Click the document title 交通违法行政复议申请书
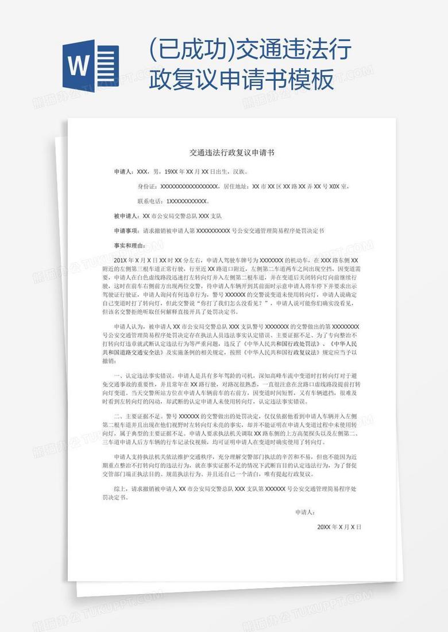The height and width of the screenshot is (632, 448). (x=232, y=153)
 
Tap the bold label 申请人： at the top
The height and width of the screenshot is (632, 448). (x=124, y=171)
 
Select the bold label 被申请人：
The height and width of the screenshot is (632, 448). (x=127, y=216)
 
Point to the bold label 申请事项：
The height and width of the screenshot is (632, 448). (x=127, y=231)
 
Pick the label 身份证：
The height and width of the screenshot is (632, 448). (x=148, y=186)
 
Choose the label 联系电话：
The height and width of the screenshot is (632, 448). (x=151, y=201)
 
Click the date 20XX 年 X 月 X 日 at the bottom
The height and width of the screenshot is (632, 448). (x=339, y=526)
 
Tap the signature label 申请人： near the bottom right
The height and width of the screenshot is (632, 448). (x=305, y=512)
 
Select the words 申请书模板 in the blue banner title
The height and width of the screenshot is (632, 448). (x=269, y=80)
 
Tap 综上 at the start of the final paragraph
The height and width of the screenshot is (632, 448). (x=120, y=489)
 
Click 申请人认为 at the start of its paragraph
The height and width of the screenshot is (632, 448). (x=129, y=326)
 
